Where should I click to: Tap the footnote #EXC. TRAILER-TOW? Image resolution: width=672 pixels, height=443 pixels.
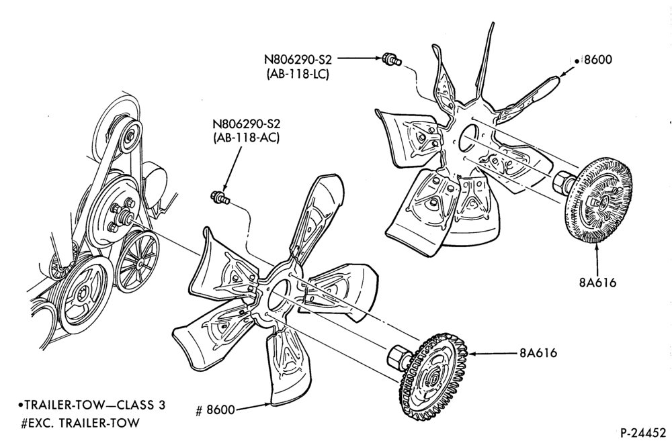pos(80,423)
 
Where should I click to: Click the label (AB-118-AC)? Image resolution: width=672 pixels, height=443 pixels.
pos(246,138)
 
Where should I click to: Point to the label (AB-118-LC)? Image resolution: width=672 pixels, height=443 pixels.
pos(298,74)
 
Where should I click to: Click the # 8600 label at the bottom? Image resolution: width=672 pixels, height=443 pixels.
pos(215,410)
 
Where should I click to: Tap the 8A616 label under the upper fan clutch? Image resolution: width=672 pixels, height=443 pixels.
pos(597,283)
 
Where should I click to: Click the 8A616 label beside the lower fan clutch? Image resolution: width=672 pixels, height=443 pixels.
pos(538,353)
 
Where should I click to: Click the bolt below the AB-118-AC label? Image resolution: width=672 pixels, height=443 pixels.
pos(220,197)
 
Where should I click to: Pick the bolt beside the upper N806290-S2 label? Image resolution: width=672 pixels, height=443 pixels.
pos(391,59)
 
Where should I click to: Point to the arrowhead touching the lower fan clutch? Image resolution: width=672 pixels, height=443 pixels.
pos(473,354)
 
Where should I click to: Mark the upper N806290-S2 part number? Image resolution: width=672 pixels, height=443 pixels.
pos(298,58)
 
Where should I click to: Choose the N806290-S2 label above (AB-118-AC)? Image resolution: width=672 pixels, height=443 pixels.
pos(246,124)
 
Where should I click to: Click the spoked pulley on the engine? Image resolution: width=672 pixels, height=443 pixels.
pos(138,262)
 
